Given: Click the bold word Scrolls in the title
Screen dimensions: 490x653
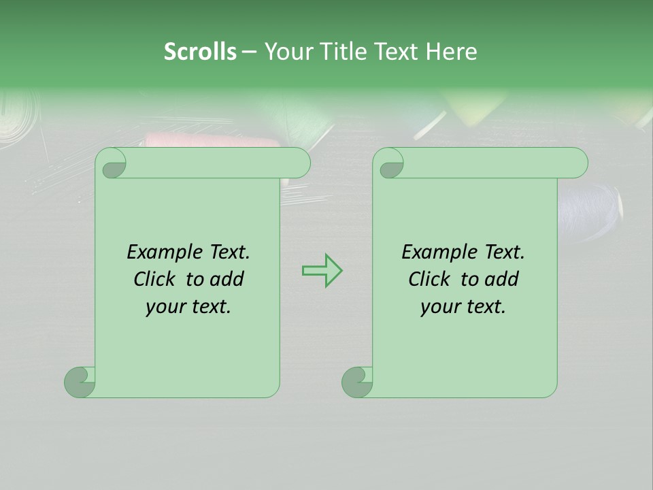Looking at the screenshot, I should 200,52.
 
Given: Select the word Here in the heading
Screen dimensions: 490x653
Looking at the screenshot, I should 451,52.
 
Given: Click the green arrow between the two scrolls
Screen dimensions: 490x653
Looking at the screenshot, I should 322,270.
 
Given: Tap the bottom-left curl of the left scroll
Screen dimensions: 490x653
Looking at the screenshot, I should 80,382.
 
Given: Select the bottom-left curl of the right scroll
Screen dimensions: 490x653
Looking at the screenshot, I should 357,382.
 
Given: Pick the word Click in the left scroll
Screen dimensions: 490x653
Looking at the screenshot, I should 155,280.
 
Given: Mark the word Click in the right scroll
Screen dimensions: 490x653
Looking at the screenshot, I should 430,280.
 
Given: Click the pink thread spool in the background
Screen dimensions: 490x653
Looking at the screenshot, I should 211,142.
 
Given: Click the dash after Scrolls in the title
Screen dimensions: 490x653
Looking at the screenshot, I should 249,52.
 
